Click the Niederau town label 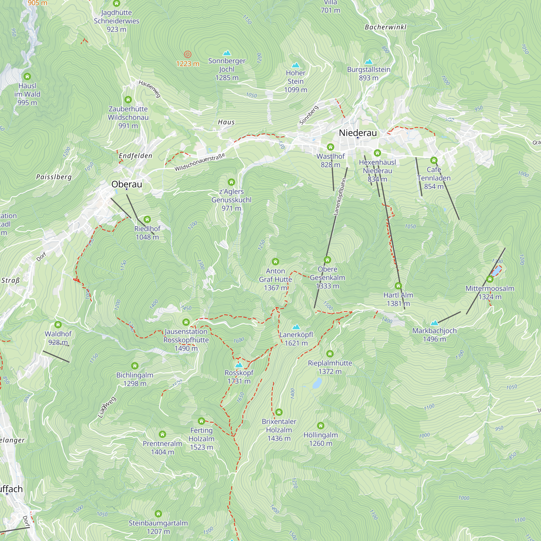(358, 133)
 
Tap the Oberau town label (127, 184)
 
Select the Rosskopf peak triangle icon (239, 365)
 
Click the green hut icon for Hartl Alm (398, 286)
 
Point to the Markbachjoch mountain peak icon (434, 323)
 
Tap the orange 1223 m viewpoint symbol (187, 54)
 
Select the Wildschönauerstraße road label (200, 162)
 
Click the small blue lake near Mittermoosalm (497, 271)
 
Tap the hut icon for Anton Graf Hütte (275, 262)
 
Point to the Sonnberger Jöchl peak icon (227, 53)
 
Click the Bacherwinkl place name (385, 27)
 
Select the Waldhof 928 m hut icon (58, 325)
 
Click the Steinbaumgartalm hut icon (158, 514)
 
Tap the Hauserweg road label (150, 89)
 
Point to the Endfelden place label (136, 156)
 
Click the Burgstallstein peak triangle (368, 62)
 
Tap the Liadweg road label (107, 407)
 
